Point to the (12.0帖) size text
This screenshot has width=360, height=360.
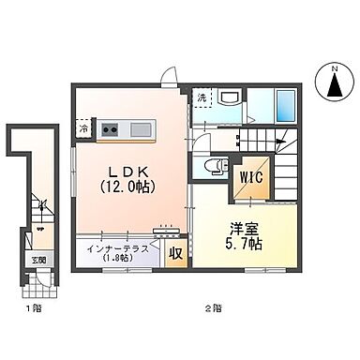click(x=128, y=187)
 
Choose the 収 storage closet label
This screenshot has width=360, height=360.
click(x=174, y=253)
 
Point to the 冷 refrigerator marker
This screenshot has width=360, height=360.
click(x=84, y=129)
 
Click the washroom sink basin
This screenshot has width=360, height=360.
click(x=230, y=98)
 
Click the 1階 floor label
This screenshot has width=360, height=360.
click(x=33, y=307)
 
